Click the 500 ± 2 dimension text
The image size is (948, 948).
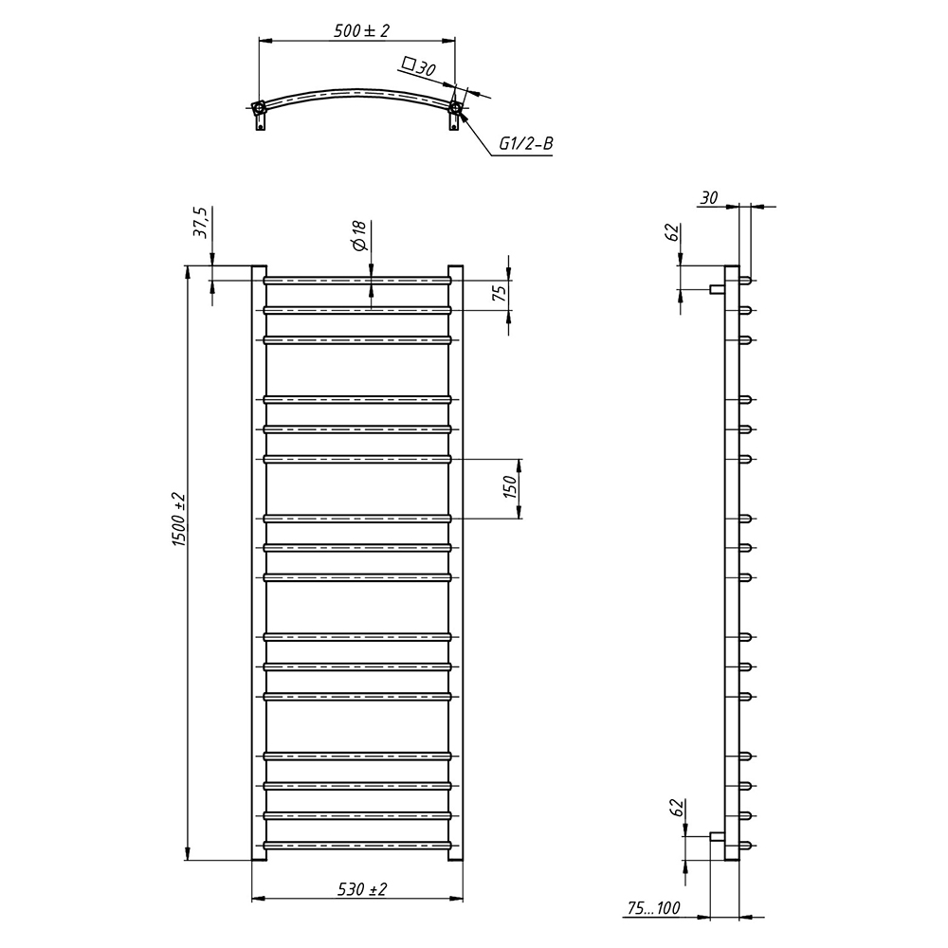click(x=361, y=31)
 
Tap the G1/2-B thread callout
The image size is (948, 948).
click(x=525, y=144)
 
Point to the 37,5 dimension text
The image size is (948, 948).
click(x=201, y=223)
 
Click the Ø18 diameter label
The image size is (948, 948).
click(x=358, y=236)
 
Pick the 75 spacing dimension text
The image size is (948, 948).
click(x=500, y=293)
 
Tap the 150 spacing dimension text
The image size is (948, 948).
click(x=511, y=487)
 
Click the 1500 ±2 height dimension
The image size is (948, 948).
click(x=179, y=520)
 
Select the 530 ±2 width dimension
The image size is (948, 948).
click(x=362, y=889)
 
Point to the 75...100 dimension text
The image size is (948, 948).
click(x=653, y=907)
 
